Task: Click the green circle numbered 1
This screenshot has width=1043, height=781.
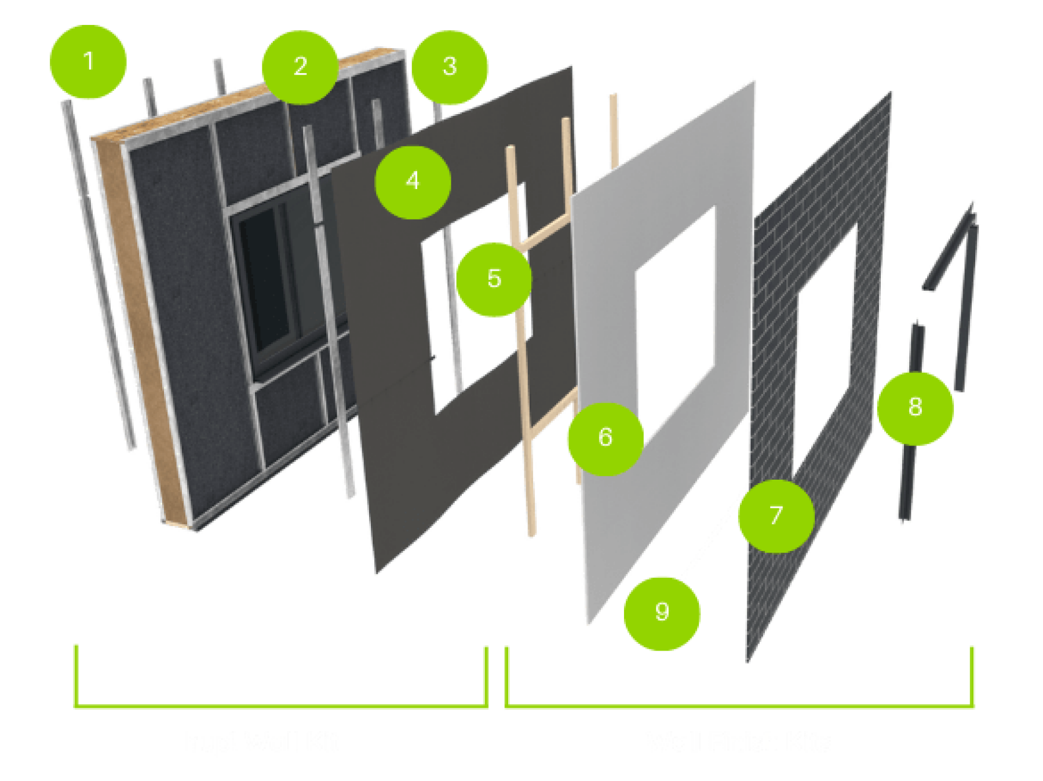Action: [88, 62]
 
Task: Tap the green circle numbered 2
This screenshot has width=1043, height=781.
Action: [300, 67]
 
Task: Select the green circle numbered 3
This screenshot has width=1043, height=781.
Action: [450, 67]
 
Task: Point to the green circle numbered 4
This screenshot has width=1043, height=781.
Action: [413, 182]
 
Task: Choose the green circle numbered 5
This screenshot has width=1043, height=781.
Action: [494, 279]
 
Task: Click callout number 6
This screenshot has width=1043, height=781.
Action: [605, 439]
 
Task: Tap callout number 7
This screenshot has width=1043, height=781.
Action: [775, 516]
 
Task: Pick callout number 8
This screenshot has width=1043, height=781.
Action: [915, 408]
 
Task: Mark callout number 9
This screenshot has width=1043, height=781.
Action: [662, 613]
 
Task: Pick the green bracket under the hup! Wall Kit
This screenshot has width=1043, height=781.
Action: [281, 705]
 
